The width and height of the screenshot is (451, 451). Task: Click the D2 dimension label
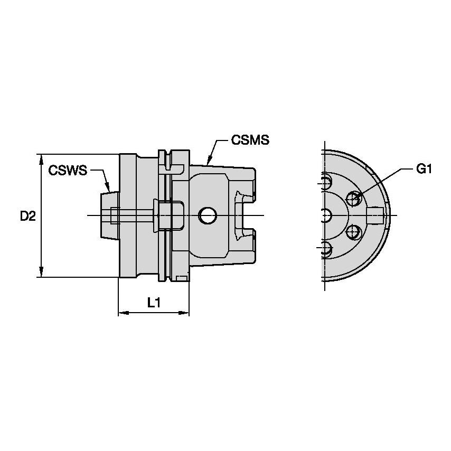pos(27,215)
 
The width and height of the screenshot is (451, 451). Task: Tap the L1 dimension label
pos(154,303)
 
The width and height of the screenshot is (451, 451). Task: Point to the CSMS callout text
pos(250,140)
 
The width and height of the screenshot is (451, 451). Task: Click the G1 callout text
pos(424,169)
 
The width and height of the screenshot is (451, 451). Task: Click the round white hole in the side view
pos(207,215)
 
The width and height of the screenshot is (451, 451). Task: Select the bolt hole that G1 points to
pos(353,199)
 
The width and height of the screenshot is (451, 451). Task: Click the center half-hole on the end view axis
pos(326,215)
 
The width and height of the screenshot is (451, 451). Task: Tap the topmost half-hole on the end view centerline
pos(326,182)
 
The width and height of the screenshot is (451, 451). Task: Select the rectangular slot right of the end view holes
pos(375,215)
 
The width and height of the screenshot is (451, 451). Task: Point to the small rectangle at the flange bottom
pos(181,278)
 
